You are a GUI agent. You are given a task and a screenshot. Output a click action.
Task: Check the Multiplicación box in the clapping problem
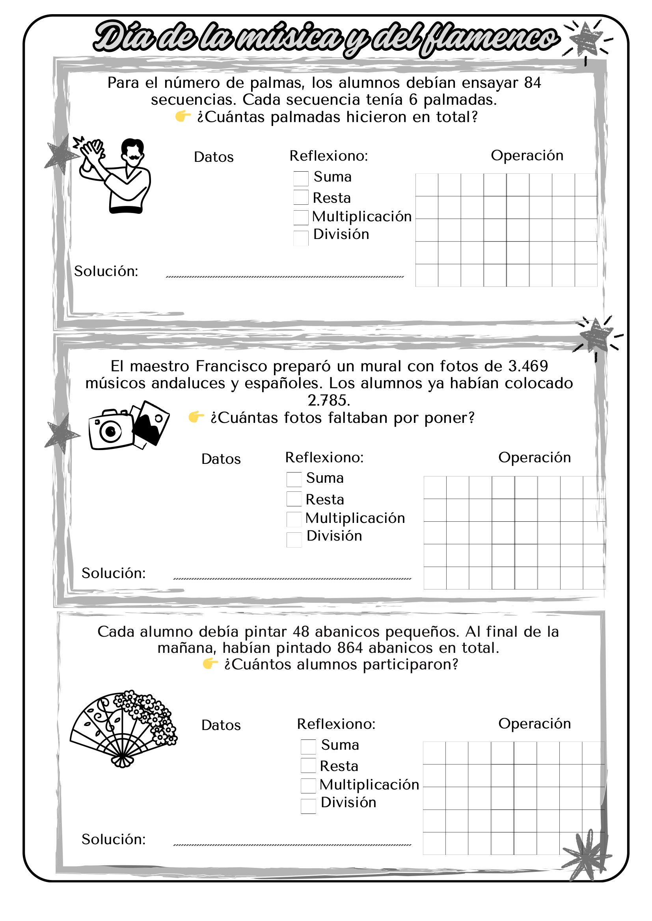(301, 217)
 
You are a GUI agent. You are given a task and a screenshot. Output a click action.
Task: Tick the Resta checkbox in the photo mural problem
(294, 499)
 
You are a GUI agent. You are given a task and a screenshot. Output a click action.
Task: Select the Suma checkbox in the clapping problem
(301, 178)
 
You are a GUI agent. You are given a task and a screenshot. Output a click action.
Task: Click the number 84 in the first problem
(532, 83)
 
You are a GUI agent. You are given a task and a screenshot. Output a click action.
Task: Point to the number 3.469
(528, 366)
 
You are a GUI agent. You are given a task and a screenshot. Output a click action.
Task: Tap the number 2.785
(329, 400)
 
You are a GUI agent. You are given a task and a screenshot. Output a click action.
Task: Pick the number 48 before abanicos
(301, 631)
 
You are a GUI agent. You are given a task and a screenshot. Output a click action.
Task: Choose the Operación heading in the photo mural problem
(535, 457)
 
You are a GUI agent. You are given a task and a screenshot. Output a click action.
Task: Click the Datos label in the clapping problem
(214, 157)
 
